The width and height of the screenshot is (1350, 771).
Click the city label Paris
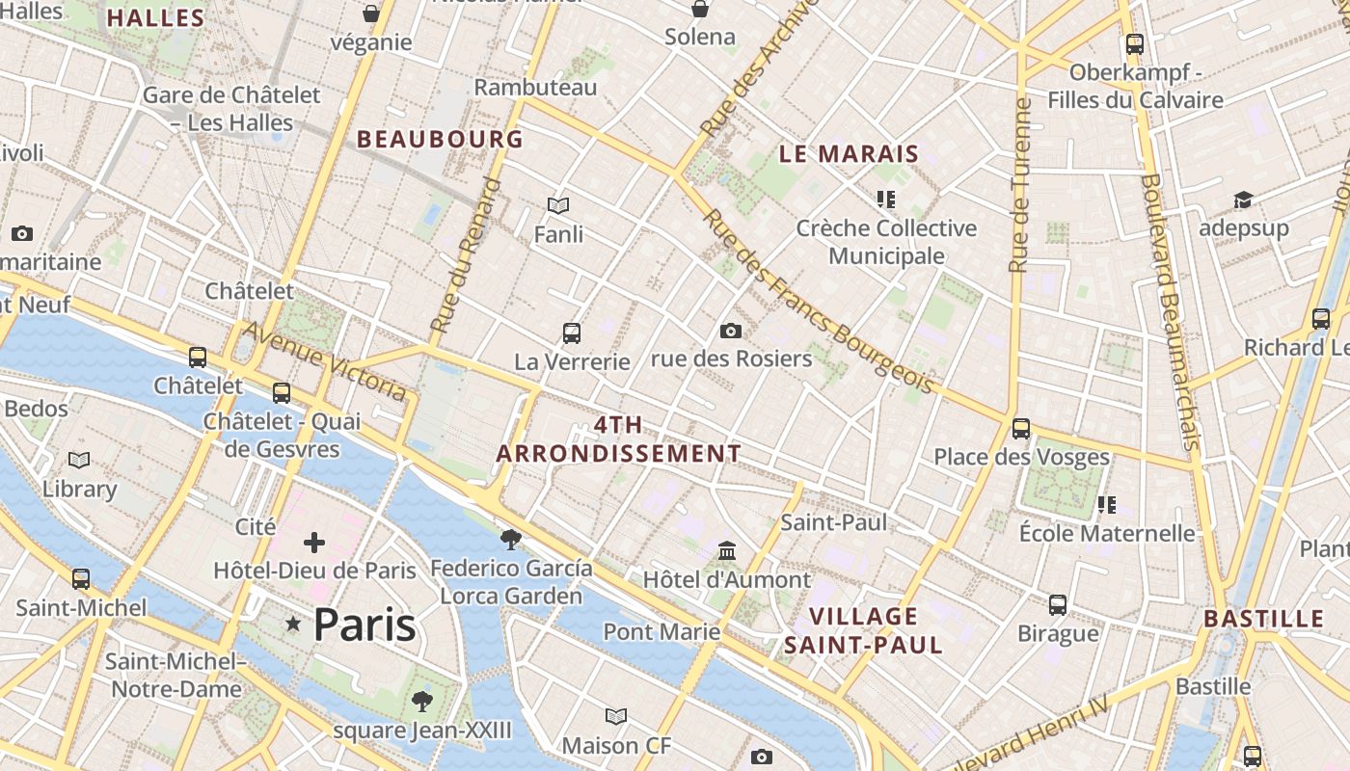(x=364, y=625)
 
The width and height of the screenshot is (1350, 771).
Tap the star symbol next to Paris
(x=293, y=625)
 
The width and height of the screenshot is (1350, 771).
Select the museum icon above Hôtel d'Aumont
(x=727, y=551)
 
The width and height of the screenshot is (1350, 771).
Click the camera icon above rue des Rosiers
(x=731, y=331)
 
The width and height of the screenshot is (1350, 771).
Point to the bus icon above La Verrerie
(x=572, y=333)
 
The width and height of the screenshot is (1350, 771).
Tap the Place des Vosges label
(x=1021, y=457)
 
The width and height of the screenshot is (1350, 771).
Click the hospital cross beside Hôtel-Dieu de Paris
(x=314, y=543)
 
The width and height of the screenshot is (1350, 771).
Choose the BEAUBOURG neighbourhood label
(x=440, y=139)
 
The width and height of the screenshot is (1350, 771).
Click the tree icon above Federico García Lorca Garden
(x=511, y=540)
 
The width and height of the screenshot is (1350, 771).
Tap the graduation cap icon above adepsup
(x=1244, y=199)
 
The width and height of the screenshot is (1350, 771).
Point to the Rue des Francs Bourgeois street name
(x=818, y=302)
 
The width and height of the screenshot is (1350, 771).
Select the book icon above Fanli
(x=558, y=205)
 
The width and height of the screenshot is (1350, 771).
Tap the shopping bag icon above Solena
(x=700, y=10)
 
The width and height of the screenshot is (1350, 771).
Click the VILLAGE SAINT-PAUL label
(x=863, y=630)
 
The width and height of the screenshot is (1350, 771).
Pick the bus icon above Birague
(x=1058, y=605)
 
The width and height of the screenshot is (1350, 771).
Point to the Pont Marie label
(x=661, y=631)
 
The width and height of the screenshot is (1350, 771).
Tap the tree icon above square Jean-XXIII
(x=421, y=701)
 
